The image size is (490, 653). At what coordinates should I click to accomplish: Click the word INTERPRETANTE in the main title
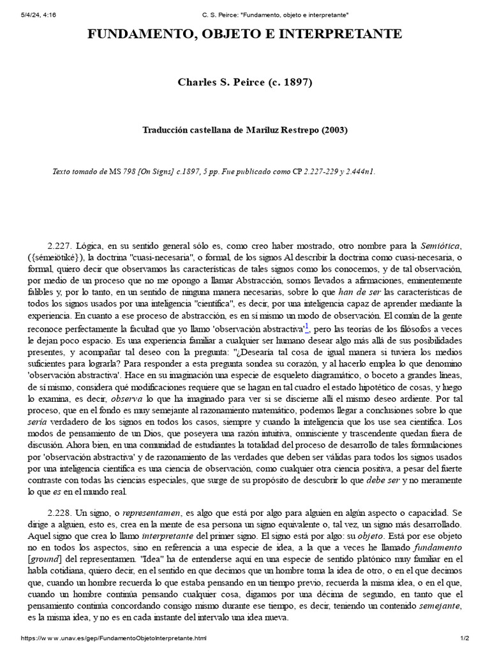click(339, 34)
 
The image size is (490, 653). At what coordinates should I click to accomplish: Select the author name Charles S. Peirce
click(224, 83)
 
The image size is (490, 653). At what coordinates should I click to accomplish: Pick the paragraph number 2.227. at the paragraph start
click(60, 245)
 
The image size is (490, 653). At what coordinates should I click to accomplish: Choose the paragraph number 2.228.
click(60, 513)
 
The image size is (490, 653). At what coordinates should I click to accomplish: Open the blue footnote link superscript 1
click(307, 326)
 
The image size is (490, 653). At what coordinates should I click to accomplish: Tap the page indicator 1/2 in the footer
click(464, 638)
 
